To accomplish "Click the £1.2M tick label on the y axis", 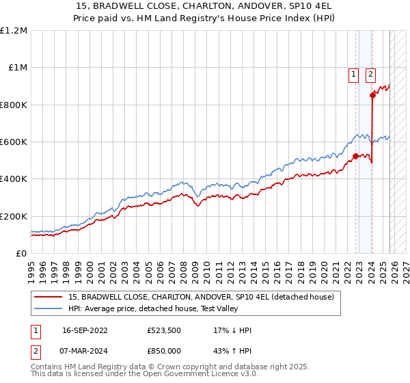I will click(x=14, y=31).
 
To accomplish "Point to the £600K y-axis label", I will click(x=14, y=142).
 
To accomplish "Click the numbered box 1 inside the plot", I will click(x=353, y=75).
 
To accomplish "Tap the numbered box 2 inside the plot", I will click(x=370, y=75).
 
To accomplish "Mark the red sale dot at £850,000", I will click(x=372, y=96).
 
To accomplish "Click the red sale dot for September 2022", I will click(x=355, y=156).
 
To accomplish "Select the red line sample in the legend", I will click(x=49, y=297).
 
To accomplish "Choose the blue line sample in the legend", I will click(x=49, y=308).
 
